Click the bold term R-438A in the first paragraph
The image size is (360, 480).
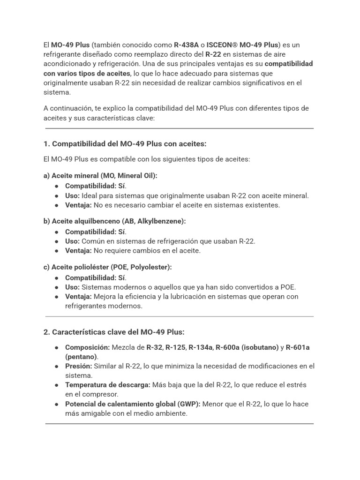186,45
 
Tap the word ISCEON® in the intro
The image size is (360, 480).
222,45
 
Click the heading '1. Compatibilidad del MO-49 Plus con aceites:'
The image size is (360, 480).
125,143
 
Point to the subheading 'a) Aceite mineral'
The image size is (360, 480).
71,175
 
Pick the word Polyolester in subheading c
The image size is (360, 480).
151,267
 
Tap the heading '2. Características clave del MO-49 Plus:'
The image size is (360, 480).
114,332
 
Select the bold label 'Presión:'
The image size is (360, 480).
78,366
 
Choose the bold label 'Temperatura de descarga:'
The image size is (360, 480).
107,385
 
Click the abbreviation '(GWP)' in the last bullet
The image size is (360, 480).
190,404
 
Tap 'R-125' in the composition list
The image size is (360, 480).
175,347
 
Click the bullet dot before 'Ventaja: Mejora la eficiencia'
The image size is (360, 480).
56,297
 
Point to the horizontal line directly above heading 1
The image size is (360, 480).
180,128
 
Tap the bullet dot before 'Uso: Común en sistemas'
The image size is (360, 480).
56,241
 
